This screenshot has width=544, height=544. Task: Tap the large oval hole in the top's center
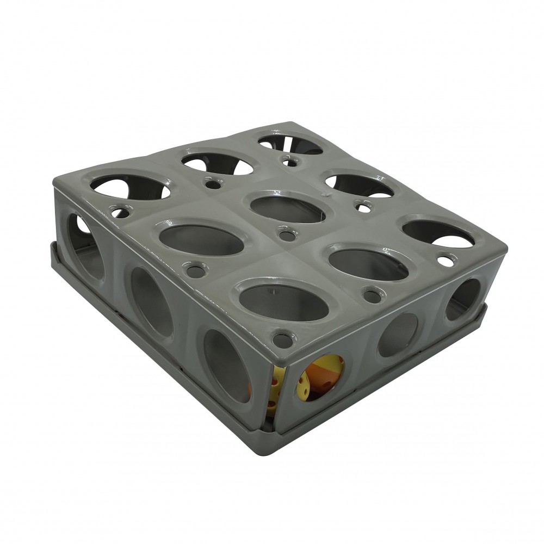[287, 209]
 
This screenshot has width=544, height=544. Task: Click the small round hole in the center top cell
[287, 236]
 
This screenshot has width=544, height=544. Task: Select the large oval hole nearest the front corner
[284, 302]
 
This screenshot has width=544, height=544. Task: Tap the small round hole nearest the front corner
[282, 341]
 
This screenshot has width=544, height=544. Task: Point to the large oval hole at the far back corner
[289, 143]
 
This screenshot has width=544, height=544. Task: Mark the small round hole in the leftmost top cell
[120, 212]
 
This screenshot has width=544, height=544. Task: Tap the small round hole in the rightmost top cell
[446, 261]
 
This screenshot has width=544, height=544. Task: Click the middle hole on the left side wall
[151, 302]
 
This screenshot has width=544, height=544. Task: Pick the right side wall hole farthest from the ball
[463, 299]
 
